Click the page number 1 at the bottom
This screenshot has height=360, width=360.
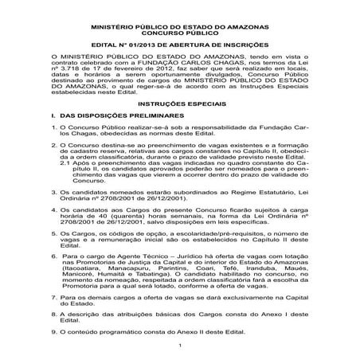181,344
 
